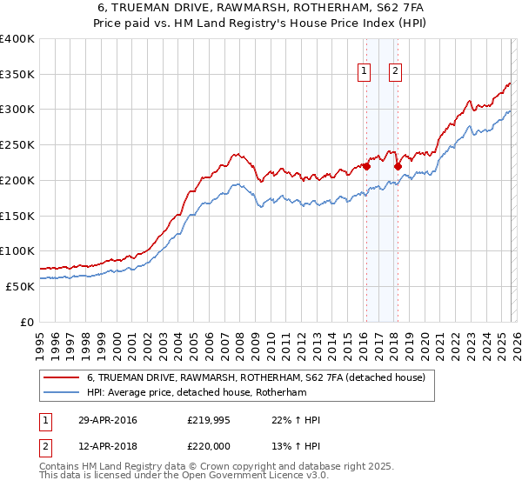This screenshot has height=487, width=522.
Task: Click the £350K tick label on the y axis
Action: click(x=17, y=75)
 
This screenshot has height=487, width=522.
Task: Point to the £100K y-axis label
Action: click(x=17, y=250)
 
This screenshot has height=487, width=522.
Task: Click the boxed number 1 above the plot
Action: click(x=363, y=72)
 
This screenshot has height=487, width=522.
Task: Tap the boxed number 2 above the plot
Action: click(x=394, y=72)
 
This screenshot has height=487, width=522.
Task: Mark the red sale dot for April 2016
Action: click(x=366, y=164)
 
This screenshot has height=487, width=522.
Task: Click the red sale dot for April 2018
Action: click(x=397, y=165)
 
